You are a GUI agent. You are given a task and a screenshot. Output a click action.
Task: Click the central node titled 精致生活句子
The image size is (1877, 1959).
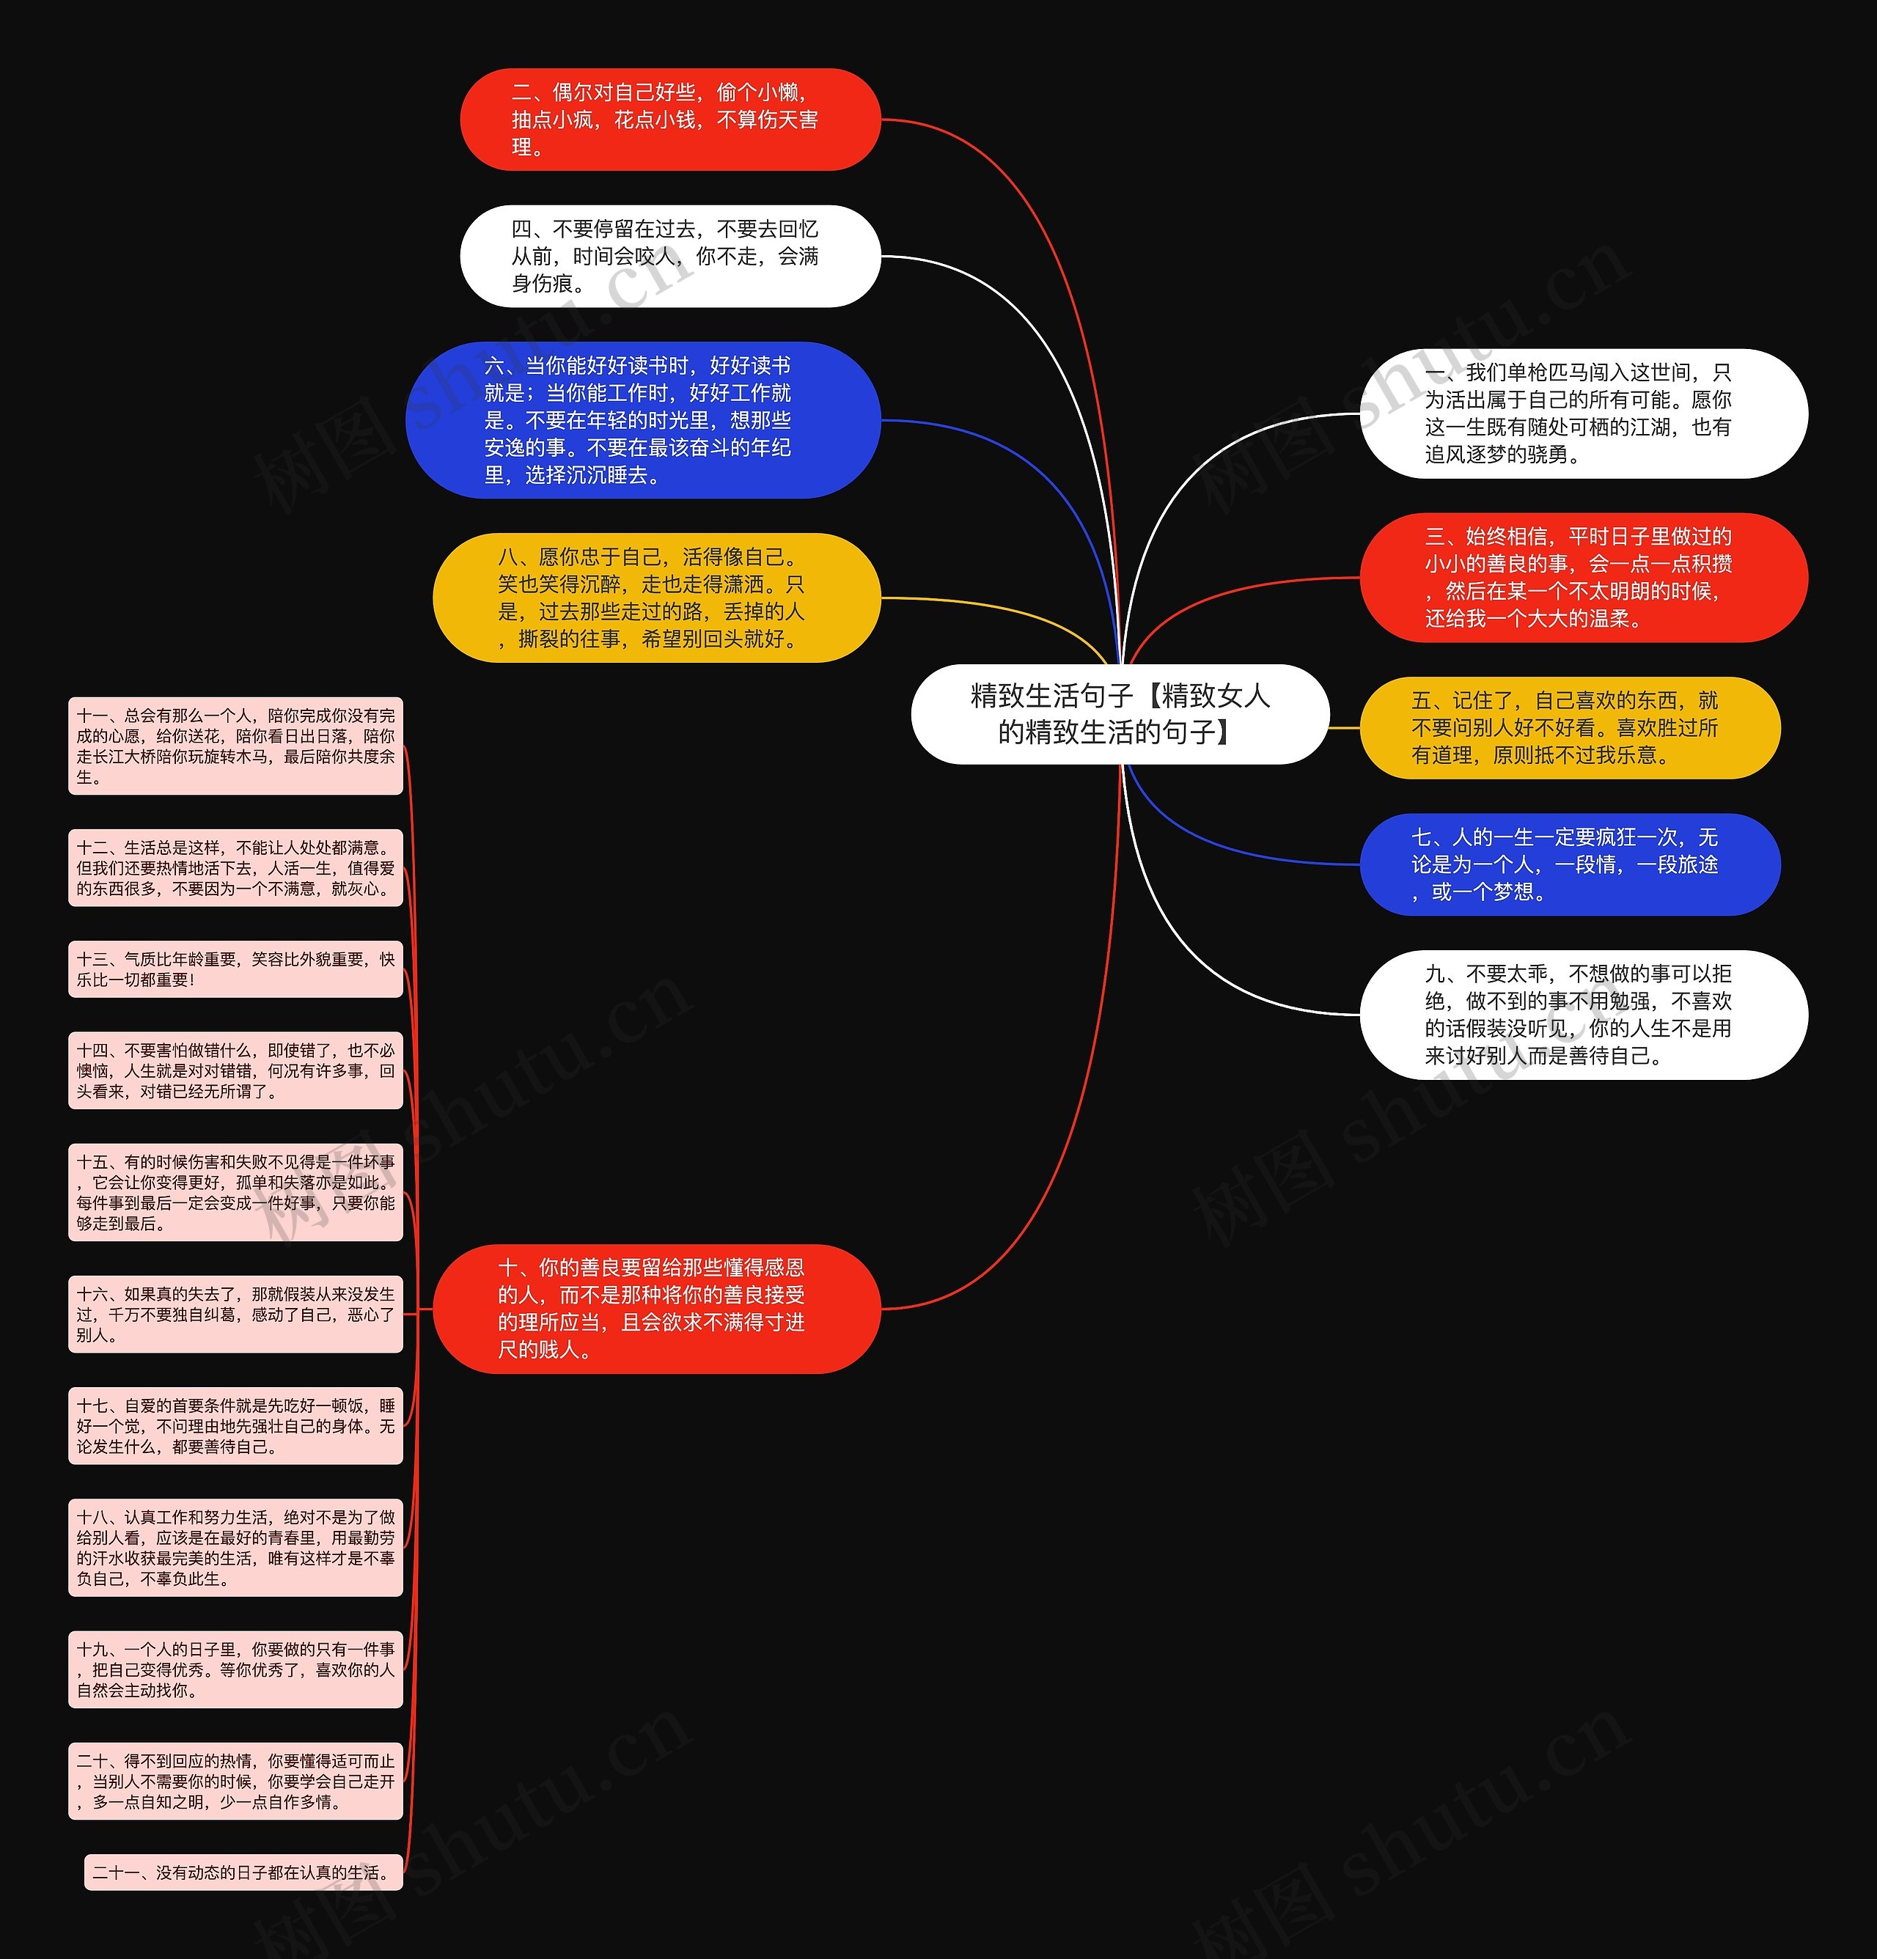coord(1120,713)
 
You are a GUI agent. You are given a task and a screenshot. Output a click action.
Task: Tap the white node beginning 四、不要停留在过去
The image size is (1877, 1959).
coord(669,256)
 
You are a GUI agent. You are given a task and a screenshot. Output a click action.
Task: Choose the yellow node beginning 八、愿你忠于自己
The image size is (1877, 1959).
coord(655,598)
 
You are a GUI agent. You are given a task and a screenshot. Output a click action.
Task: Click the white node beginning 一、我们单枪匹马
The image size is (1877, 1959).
coord(1583,413)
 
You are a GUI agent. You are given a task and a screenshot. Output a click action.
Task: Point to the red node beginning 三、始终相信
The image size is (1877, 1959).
coord(1583,578)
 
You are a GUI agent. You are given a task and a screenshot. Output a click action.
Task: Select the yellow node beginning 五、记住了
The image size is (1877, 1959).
coord(1569,727)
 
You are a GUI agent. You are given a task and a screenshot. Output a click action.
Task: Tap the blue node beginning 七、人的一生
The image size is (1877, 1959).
coord(1569,864)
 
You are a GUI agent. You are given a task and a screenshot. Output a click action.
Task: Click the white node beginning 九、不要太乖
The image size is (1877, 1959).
coord(1583,1015)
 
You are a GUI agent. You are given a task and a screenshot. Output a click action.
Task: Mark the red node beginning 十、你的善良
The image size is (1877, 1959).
coord(655,1309)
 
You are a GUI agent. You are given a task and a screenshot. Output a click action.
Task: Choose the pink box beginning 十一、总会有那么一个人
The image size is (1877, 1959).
coord(236,746)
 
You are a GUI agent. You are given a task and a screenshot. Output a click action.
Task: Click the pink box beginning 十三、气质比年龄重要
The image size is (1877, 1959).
coord(236,969)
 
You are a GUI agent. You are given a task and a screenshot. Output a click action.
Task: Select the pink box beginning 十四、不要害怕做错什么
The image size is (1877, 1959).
coord(236,1070)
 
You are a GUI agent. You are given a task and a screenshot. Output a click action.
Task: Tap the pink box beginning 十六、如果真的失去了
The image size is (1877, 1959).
coord(236,1313)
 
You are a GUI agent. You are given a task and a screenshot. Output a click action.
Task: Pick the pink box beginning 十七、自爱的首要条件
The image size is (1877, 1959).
coord(236,1425)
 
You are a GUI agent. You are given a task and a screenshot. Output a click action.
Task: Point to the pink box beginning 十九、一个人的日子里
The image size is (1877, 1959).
coord(236,1669)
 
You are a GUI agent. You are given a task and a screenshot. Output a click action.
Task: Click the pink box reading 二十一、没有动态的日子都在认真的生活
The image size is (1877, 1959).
coord(244,1872)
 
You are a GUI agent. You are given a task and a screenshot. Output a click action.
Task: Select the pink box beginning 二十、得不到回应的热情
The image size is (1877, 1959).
coord(236,1781)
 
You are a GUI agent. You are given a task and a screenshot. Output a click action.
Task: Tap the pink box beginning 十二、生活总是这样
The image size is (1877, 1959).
coord(236,867)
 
